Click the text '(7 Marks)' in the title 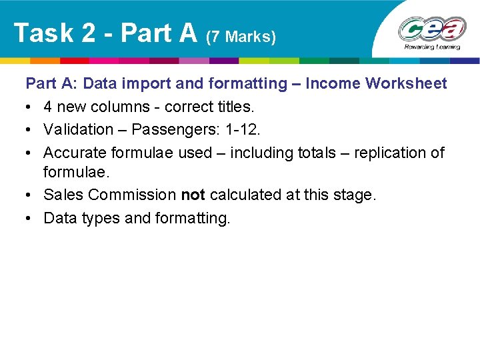(x=241, y=36)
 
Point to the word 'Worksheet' (x=410, y=83)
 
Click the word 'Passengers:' (x=177, y=129)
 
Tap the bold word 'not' (x=193, y=195)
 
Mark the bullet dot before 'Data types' (x=30, y=218)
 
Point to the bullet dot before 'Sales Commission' (x=30, y=195)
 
